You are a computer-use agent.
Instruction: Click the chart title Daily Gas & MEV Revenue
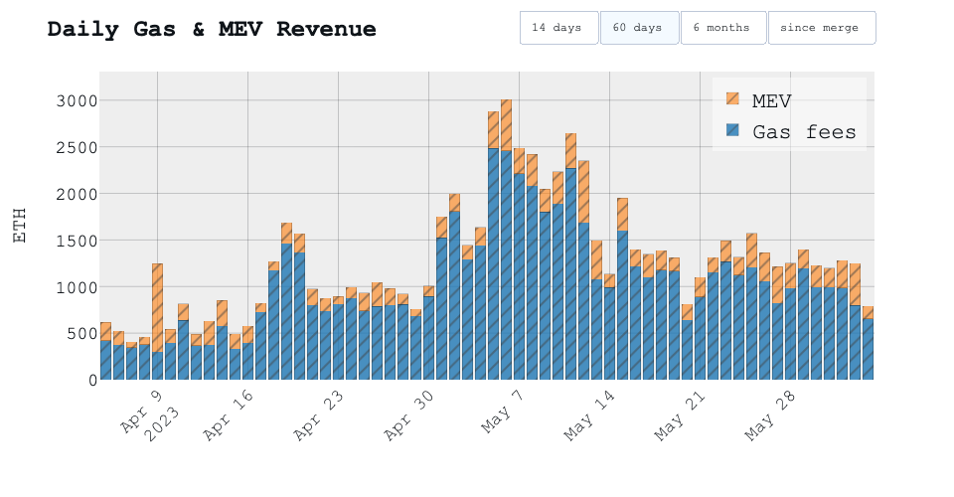pyautogui.click(x=212, y=29)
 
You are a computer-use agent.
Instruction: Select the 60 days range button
pyautogui.click(x=638, y=28)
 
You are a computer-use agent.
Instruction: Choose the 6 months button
pyautogui.click(x=721, y=28)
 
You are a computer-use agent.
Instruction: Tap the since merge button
pyautogui.click(x=820, y=28)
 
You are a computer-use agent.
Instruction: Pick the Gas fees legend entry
pyautogui.click(x=803, y=131)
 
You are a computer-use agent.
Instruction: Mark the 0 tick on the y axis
pyautogui.click(x=91, y=380)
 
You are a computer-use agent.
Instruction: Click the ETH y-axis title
pyautogui.click(x=20, y=225)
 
